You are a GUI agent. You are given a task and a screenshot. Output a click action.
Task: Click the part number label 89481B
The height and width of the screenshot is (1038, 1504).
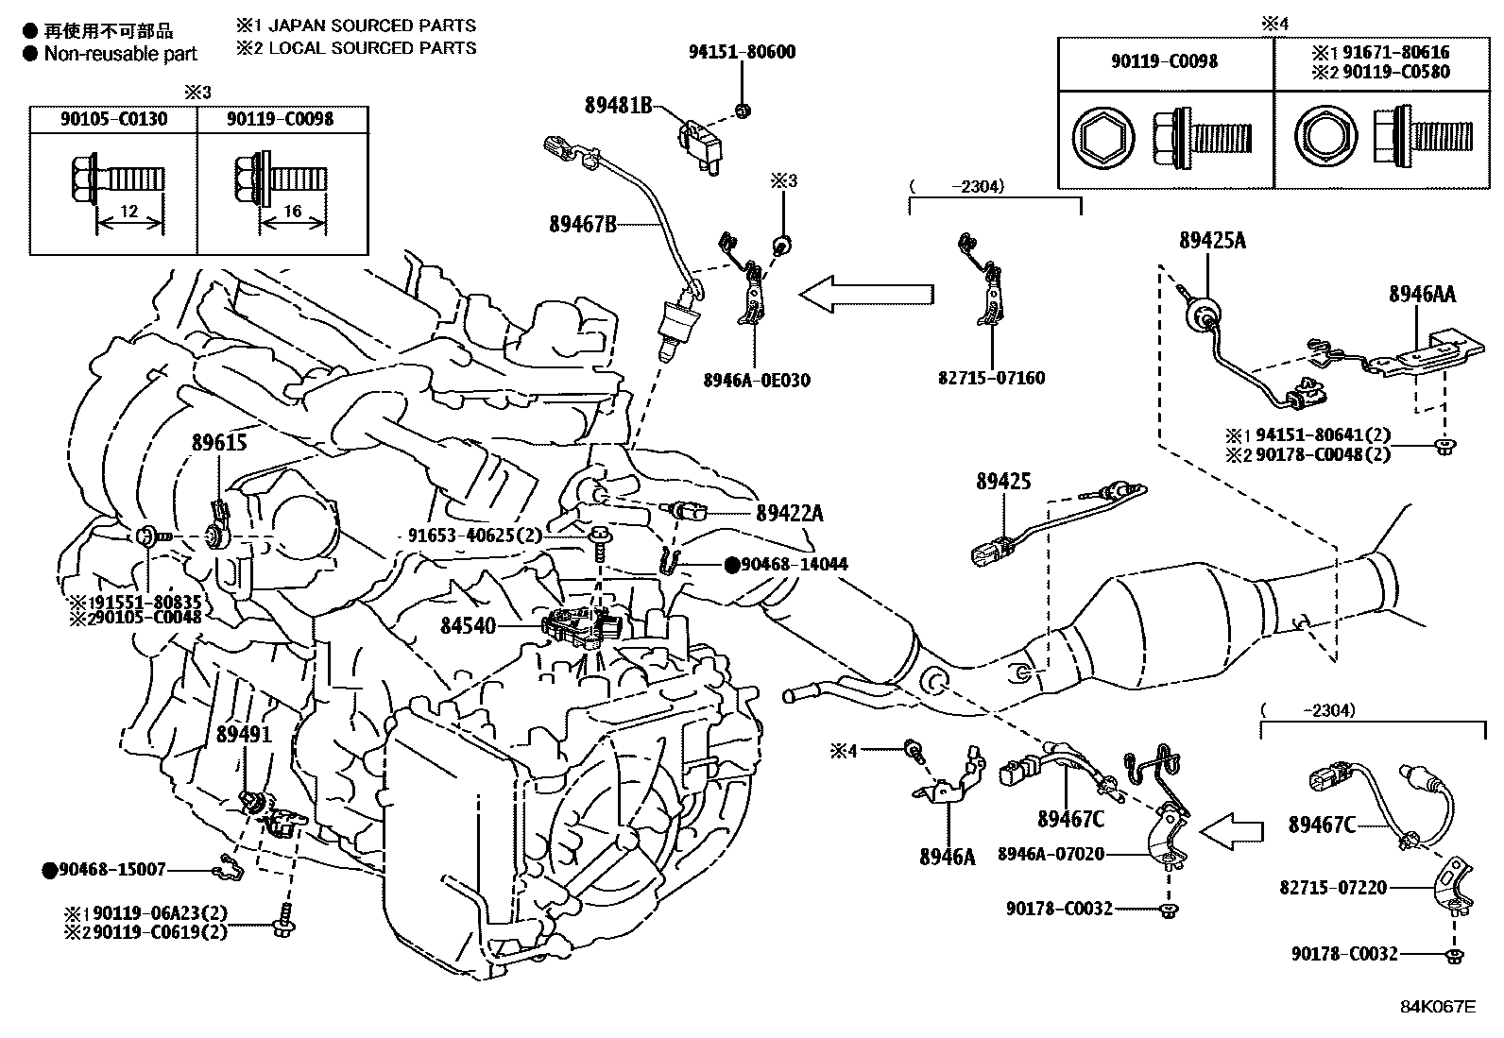click(619, 106)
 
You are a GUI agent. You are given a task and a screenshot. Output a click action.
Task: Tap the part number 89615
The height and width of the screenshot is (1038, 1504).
click(218, 442)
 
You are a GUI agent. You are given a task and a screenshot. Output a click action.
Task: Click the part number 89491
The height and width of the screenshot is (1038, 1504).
click(244, 734)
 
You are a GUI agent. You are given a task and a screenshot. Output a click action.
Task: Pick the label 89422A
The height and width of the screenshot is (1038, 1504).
click(789, 513)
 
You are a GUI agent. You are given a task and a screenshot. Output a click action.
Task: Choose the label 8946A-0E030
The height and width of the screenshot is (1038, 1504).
click(756, 381)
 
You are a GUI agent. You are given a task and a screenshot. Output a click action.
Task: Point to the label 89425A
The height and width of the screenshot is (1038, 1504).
click(1212, 241)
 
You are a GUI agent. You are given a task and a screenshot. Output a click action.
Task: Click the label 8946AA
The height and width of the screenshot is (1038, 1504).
click(1422, 295)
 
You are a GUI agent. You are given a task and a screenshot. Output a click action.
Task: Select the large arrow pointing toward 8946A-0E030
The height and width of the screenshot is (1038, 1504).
click(865, 295)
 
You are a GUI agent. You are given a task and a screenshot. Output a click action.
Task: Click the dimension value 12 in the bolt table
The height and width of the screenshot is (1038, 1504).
click(129, 212)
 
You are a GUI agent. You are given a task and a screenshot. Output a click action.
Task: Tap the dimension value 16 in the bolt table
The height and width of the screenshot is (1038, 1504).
click(293, 212)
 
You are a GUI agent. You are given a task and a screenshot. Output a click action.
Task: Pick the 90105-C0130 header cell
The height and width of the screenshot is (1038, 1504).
click(113, 119)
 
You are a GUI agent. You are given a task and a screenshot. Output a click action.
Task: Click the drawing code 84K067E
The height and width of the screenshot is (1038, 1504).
click(1437, 1006)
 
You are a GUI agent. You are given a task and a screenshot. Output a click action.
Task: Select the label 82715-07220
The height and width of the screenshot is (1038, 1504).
click(1333, 888)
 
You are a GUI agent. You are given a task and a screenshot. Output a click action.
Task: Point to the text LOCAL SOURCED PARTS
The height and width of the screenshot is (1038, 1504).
click(372, 48)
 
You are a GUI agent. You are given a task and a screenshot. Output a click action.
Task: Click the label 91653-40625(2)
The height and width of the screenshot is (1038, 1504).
click(475, 536)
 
